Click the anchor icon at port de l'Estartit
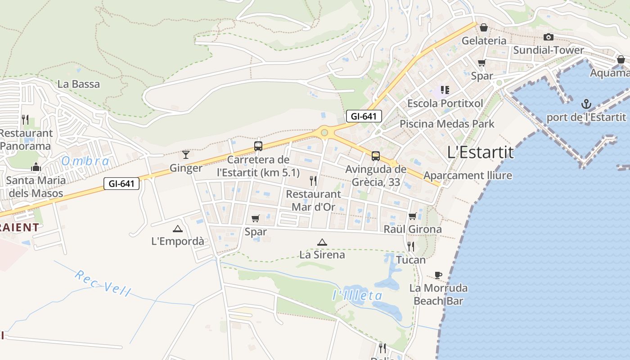pyautogui.click(x=586, y=105)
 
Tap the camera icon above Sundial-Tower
pyautogui.click(x=548, y=37)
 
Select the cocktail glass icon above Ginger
pyautogui.click(x=186, y=155)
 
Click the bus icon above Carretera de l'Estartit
pyautogui.click(x=258, y=146)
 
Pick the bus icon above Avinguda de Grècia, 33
pyautogui.click(x=376, y=156)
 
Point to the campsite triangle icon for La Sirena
pyautogui.click(x=322, y=243)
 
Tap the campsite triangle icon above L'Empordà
pyautogui.click(x=178, y=229)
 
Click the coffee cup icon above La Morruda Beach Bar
pyautogui.click(x=438, y=275)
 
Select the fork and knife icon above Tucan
pyautogui.click(x=411, y=246)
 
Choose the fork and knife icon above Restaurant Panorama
pyautogui.click(x=25, y=119)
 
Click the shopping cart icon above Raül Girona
pyautogui.click(x=412, y=216)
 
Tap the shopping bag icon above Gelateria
pyautogui.click(x=484, y=27)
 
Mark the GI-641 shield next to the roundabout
pyautogui.click(x=364, y=116)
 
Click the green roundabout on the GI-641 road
pyautogui.click(x=324, y=133)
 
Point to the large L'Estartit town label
pyautogui.click(x=481, y=152)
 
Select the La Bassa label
pyautogui.click(x=79, y=84)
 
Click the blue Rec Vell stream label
pyautogui.click(x=103, y=283)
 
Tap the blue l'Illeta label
pyautogui.click(x=357, y=295)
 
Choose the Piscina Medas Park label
pyautogui.click(x=447, y=124)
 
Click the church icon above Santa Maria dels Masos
pyautogui.click(x=36, y=167)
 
